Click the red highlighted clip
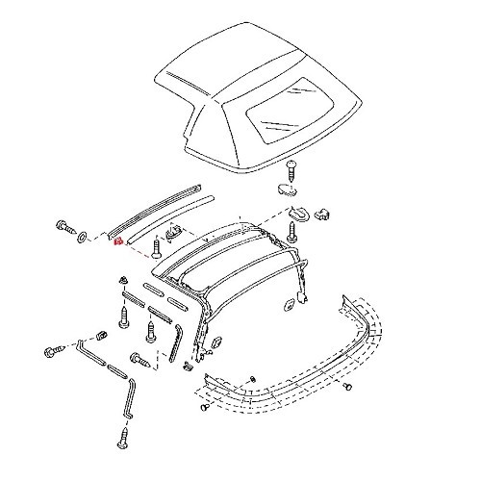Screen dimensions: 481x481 click(x=117, y=242)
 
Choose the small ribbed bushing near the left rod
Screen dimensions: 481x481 click(x=101, y=336)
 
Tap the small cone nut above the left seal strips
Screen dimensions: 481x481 click(x=126, y=281)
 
